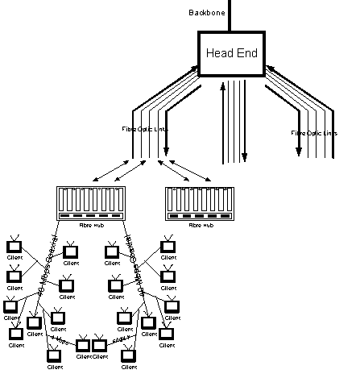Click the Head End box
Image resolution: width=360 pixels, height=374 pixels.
(x=231, y=53)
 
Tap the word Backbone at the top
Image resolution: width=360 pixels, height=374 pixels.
(x=206, y=12)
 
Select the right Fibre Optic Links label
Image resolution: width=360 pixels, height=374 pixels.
(x=315, y=132)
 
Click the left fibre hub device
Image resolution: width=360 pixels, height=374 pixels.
(x=90, y=204)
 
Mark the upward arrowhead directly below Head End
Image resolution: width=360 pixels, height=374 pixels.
(x=223, y=86)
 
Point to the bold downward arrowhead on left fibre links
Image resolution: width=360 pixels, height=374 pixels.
(x=168, y=151)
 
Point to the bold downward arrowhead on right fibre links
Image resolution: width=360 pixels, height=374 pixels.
(x=297, y=151)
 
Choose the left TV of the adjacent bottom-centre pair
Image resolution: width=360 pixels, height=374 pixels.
(x=84, y=346)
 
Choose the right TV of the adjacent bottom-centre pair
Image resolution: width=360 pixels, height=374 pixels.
(x=100, y=346)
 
